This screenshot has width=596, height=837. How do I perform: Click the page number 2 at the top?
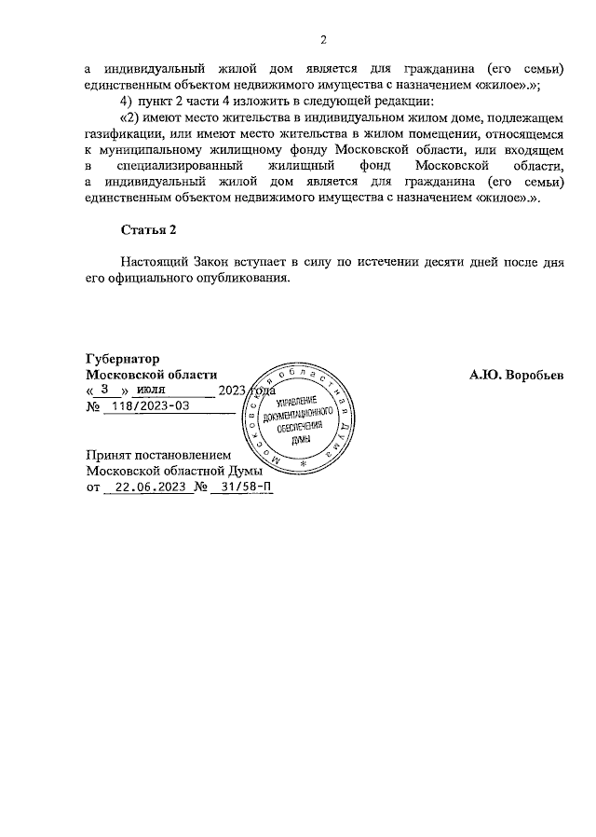pos(323,39)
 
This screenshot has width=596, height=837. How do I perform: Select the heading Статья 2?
pos(148,229)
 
